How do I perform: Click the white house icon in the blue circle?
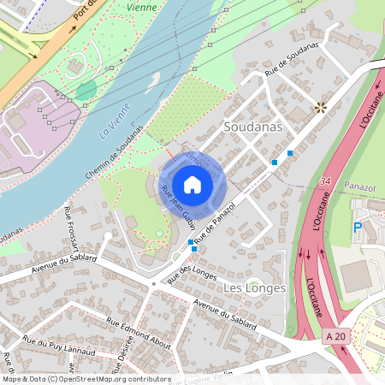pyautogui.click(x=192, y=185)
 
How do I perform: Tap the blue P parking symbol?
pyautogui.click(x=358, y=228)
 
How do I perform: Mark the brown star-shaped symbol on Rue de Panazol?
pyautogui.click(x=322, y=107)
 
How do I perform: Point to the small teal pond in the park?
pyautogui.click(x=86, y=90)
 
